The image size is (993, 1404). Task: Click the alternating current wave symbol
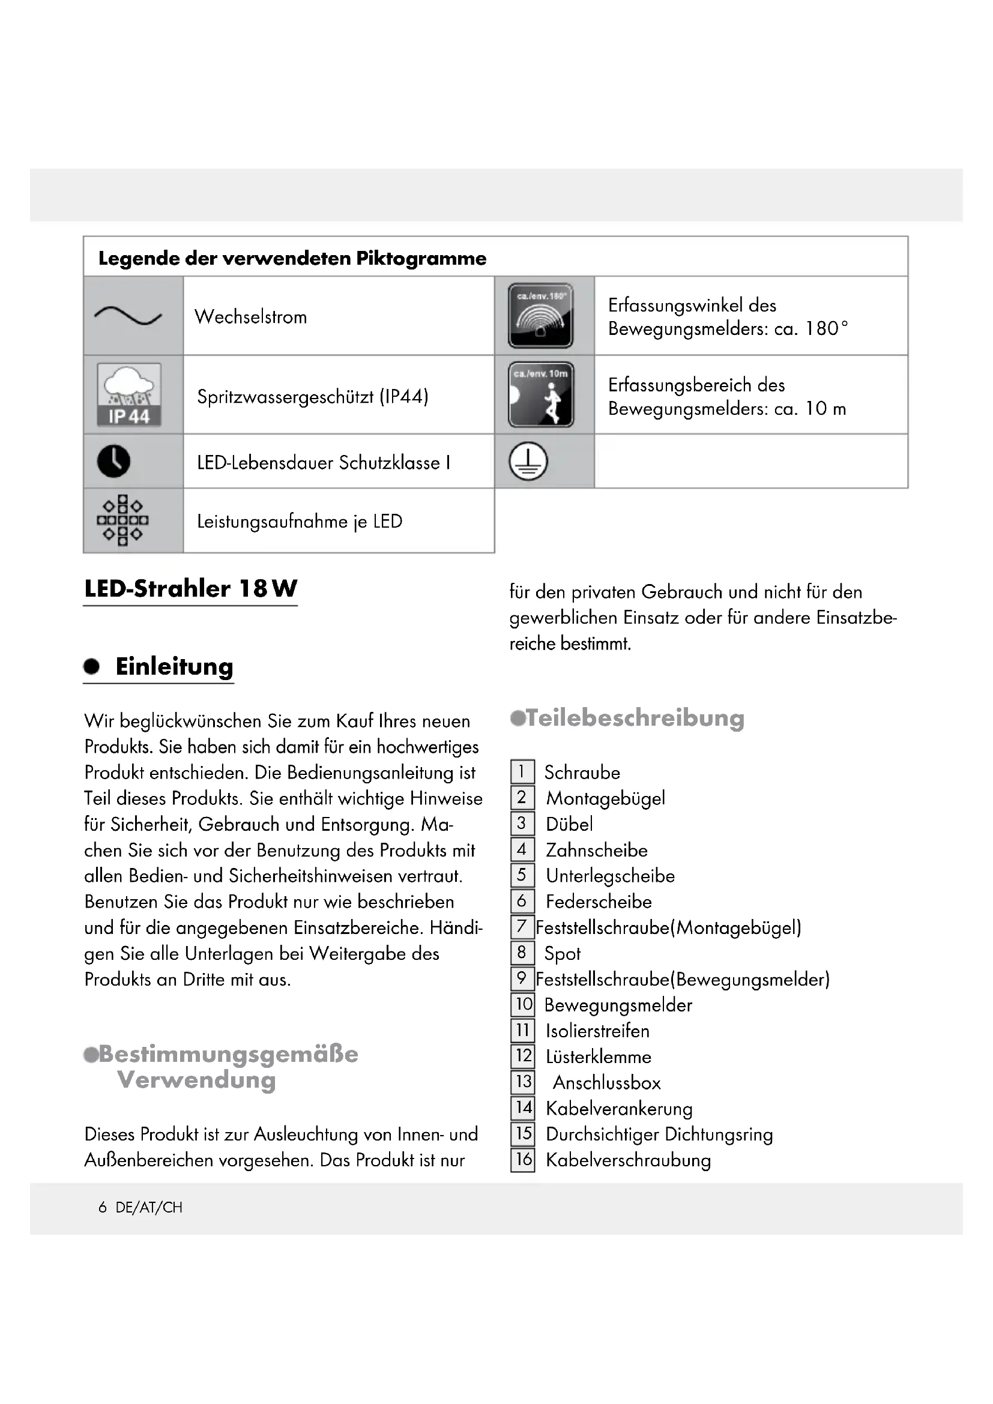coord(128,316)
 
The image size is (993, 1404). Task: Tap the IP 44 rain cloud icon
coord(129,394)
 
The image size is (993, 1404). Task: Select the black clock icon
coord(113,461)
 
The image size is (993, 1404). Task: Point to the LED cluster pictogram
coord(122,520)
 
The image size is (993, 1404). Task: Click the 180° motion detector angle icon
coord(540,316)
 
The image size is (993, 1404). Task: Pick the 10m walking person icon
coord(540,394)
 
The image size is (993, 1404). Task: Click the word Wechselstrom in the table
coord(251,317)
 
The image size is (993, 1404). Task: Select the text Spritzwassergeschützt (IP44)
coord(312,396)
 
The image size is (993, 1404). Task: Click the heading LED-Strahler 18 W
coord(191,588)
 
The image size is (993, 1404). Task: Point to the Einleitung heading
coord(174,666)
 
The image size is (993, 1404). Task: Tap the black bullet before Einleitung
coord(92,666)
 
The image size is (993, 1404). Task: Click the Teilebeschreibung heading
coord(635,717)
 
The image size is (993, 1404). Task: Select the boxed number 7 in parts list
coord(522,926)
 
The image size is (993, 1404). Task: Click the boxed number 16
coord(524,1160)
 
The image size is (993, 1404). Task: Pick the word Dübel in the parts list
coord(569,824)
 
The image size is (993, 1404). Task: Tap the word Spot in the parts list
coord(563,953)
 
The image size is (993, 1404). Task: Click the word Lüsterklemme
coord(599,1056)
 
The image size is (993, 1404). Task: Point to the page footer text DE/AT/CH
coord(148,1207)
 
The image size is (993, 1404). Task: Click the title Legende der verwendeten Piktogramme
coord(292,258)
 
